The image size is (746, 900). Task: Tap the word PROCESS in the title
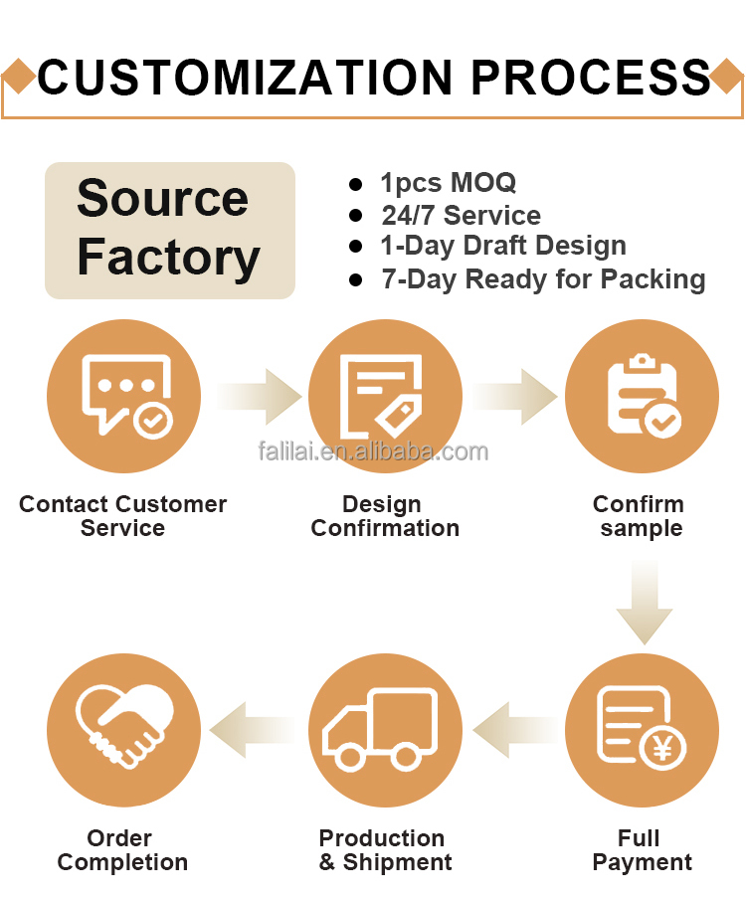coord(592,78)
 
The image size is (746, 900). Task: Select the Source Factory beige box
coord(170,230)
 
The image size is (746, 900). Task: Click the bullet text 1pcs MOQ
coord(449,183)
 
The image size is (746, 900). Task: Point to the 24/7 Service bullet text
coord(462,215)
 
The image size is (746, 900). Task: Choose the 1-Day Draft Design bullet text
coord(503,247)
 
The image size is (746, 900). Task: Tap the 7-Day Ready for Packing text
coord(543,279)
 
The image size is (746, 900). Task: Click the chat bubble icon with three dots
coord(127,396)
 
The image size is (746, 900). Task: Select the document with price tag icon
coord(381,397)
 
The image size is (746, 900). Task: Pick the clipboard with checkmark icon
coord(644,396)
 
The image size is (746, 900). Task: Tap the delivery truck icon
coord(380,729)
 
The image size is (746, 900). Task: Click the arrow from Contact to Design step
coord(260,397)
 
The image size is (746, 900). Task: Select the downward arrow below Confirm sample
coord(645,603)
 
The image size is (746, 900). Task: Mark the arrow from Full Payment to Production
coord(514,730)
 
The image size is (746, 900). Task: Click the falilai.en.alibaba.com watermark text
coord(373,451)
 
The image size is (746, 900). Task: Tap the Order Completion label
coord(122,850)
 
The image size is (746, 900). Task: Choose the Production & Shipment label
coord(385,850)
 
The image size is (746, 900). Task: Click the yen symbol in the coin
coord(662,748)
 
